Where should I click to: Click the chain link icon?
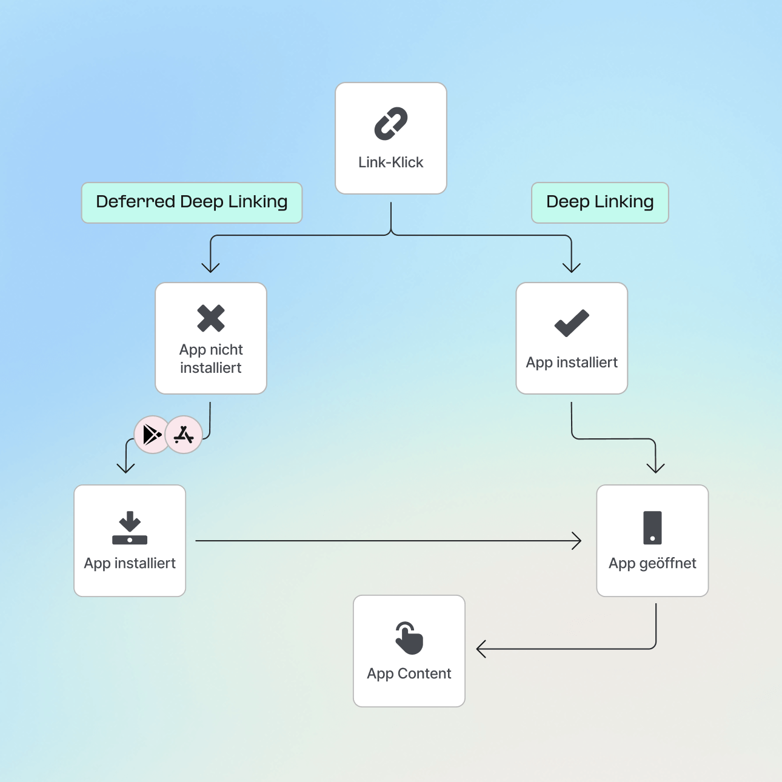coord(391,124)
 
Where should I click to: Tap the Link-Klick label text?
coord(391,162)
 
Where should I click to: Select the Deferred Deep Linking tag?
coord(192,202)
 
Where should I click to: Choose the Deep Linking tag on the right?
coord(600,202)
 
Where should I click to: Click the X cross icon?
coord(211,318)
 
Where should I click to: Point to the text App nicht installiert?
coord(211,359)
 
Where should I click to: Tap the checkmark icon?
coord(572,323)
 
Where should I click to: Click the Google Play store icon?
coord(152,435)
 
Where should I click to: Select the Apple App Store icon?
coord(184,435)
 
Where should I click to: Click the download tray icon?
coord(130,528)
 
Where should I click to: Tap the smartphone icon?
coord(652,528)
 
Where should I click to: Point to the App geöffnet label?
coord(652,564)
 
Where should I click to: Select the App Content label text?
coord(409,674)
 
